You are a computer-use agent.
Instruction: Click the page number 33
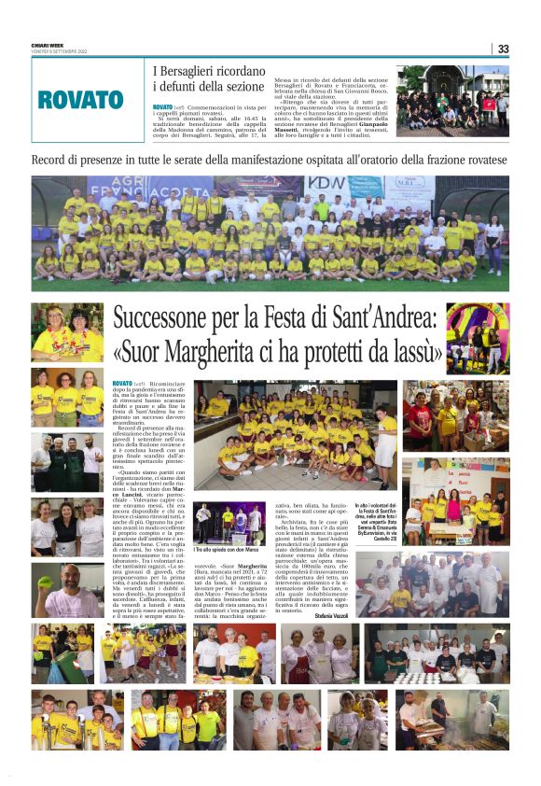coord(504,49)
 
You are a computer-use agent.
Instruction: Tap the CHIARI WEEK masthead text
coord(49,45)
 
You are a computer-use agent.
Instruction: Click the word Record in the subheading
coord(52,160)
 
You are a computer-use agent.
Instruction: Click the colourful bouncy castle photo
coord(478,337)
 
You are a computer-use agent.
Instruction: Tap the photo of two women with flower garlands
coord(67,332)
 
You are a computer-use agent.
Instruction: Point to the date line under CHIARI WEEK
coord(59,51)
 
